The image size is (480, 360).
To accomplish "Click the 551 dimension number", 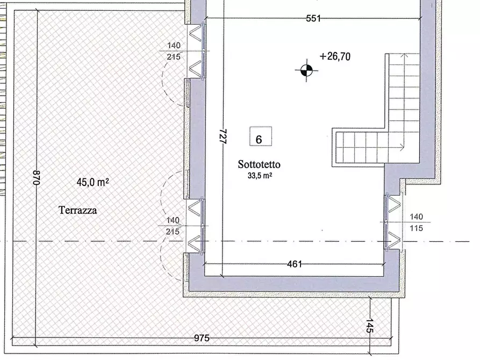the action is [313, 18].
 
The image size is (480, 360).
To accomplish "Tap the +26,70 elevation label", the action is [335, 56].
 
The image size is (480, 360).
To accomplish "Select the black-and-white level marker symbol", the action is [306, 70].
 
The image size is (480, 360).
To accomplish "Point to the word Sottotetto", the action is [259, 164].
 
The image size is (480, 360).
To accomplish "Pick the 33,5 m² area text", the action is [260, 176].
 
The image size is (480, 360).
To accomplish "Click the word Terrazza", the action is [78, 210].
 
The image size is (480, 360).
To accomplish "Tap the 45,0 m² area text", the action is [93, 183].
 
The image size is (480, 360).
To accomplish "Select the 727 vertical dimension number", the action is [223, 136].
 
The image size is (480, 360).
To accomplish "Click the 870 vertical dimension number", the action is [37, 177].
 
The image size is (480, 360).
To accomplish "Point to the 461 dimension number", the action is [295, 264].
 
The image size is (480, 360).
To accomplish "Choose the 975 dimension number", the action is [202, 338].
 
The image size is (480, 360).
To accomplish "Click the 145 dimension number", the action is [369, 326].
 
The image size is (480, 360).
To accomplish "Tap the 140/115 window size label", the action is [417, 222].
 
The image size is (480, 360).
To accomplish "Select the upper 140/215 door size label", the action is [174, 51].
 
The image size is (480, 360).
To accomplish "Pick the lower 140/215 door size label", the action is [173, 226].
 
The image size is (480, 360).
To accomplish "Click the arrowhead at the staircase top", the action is [405, 56].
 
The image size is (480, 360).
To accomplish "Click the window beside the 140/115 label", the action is [387, 222].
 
